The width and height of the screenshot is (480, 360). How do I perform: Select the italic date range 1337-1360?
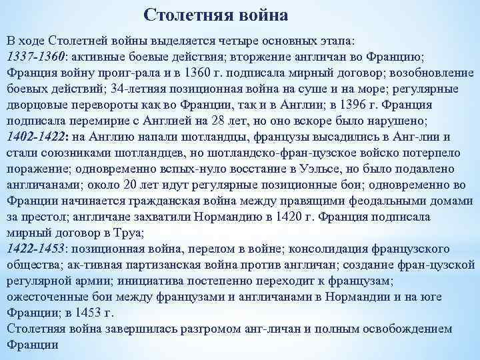coord(35,56)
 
